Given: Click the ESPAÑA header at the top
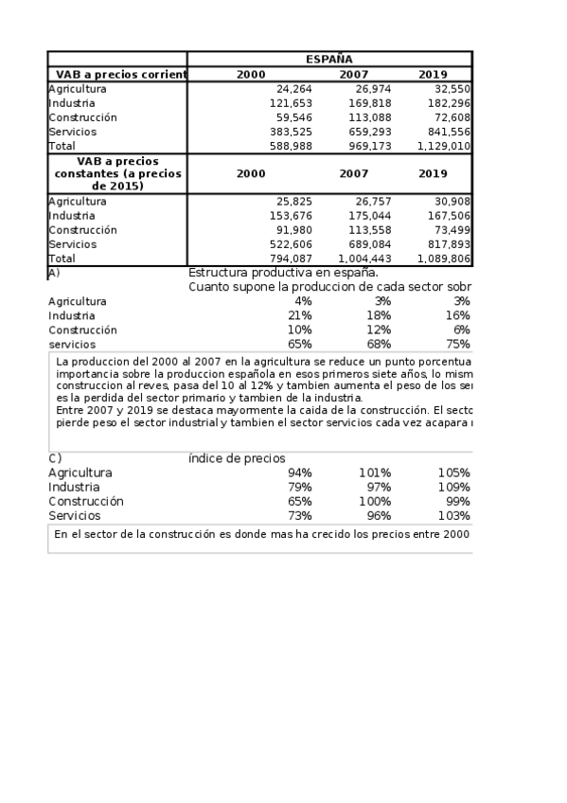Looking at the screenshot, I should (x=329, y=59).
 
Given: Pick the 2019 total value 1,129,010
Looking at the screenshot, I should (x=444, y=146).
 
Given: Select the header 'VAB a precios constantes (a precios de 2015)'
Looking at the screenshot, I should (x=117, y=174).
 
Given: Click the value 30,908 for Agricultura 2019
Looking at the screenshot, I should (x=452, y=201).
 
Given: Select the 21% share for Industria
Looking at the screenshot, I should (x=300, y=315).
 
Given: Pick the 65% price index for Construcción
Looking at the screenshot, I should (x=300, y=501).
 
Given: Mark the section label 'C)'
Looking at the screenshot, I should (x=55, y=458).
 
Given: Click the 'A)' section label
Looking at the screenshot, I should (x=54, y=273).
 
